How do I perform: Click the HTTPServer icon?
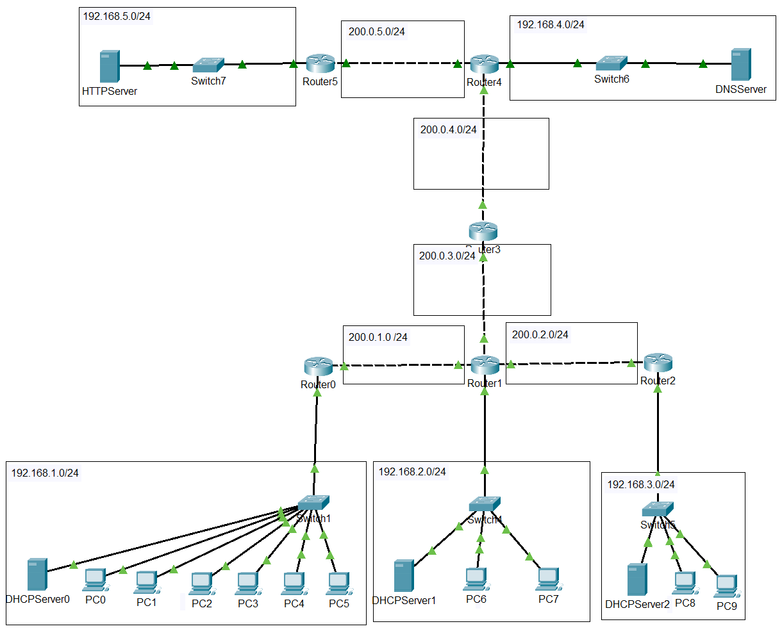tap(110, 67)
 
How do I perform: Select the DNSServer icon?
tap(741, 64)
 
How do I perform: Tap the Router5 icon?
tap(320, 63)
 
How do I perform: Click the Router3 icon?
tap(483, 232)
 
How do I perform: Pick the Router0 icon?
tap(318, 367)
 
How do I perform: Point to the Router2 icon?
tap(658, 363)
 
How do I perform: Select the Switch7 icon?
tap(208, 65)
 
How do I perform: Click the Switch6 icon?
tap(611, 63)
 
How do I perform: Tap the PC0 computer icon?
tap(95, 580)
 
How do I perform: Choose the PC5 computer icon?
tap(338, 584)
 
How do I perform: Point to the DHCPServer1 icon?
tap(403, 576)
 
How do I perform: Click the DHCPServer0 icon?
tap(37, 575)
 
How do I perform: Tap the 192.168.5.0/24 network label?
tap(117, 17)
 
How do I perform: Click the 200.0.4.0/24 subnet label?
tap(448, 129)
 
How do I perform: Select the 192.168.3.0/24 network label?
tap(641, 484)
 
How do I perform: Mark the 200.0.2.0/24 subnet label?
tap(540, 334)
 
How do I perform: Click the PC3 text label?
tap(248, 603)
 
